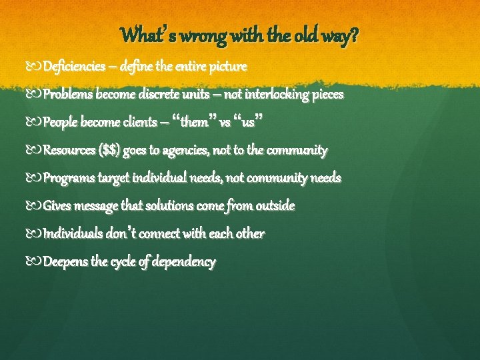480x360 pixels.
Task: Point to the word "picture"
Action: tap(228, 67)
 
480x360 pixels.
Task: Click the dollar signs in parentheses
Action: tap(109, 150)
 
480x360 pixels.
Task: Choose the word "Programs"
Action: tap(69, 178)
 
